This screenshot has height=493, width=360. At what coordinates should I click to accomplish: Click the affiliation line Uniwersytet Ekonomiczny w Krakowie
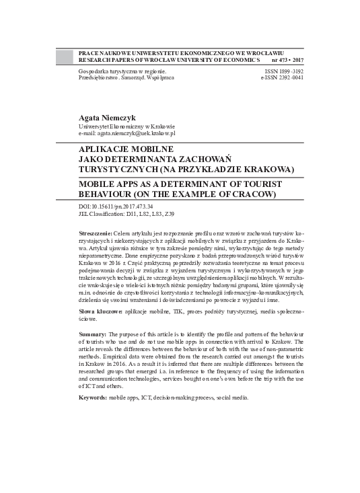[127, 126]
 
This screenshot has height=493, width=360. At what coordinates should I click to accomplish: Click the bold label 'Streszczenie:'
[98, 232]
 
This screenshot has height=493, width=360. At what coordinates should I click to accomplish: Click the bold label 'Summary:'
[93, 334]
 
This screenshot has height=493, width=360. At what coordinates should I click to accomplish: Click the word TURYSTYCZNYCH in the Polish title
[118, 169]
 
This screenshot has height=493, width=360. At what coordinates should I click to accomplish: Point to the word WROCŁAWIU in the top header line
[264, 52]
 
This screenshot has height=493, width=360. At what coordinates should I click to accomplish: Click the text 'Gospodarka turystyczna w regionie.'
[122, 71]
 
